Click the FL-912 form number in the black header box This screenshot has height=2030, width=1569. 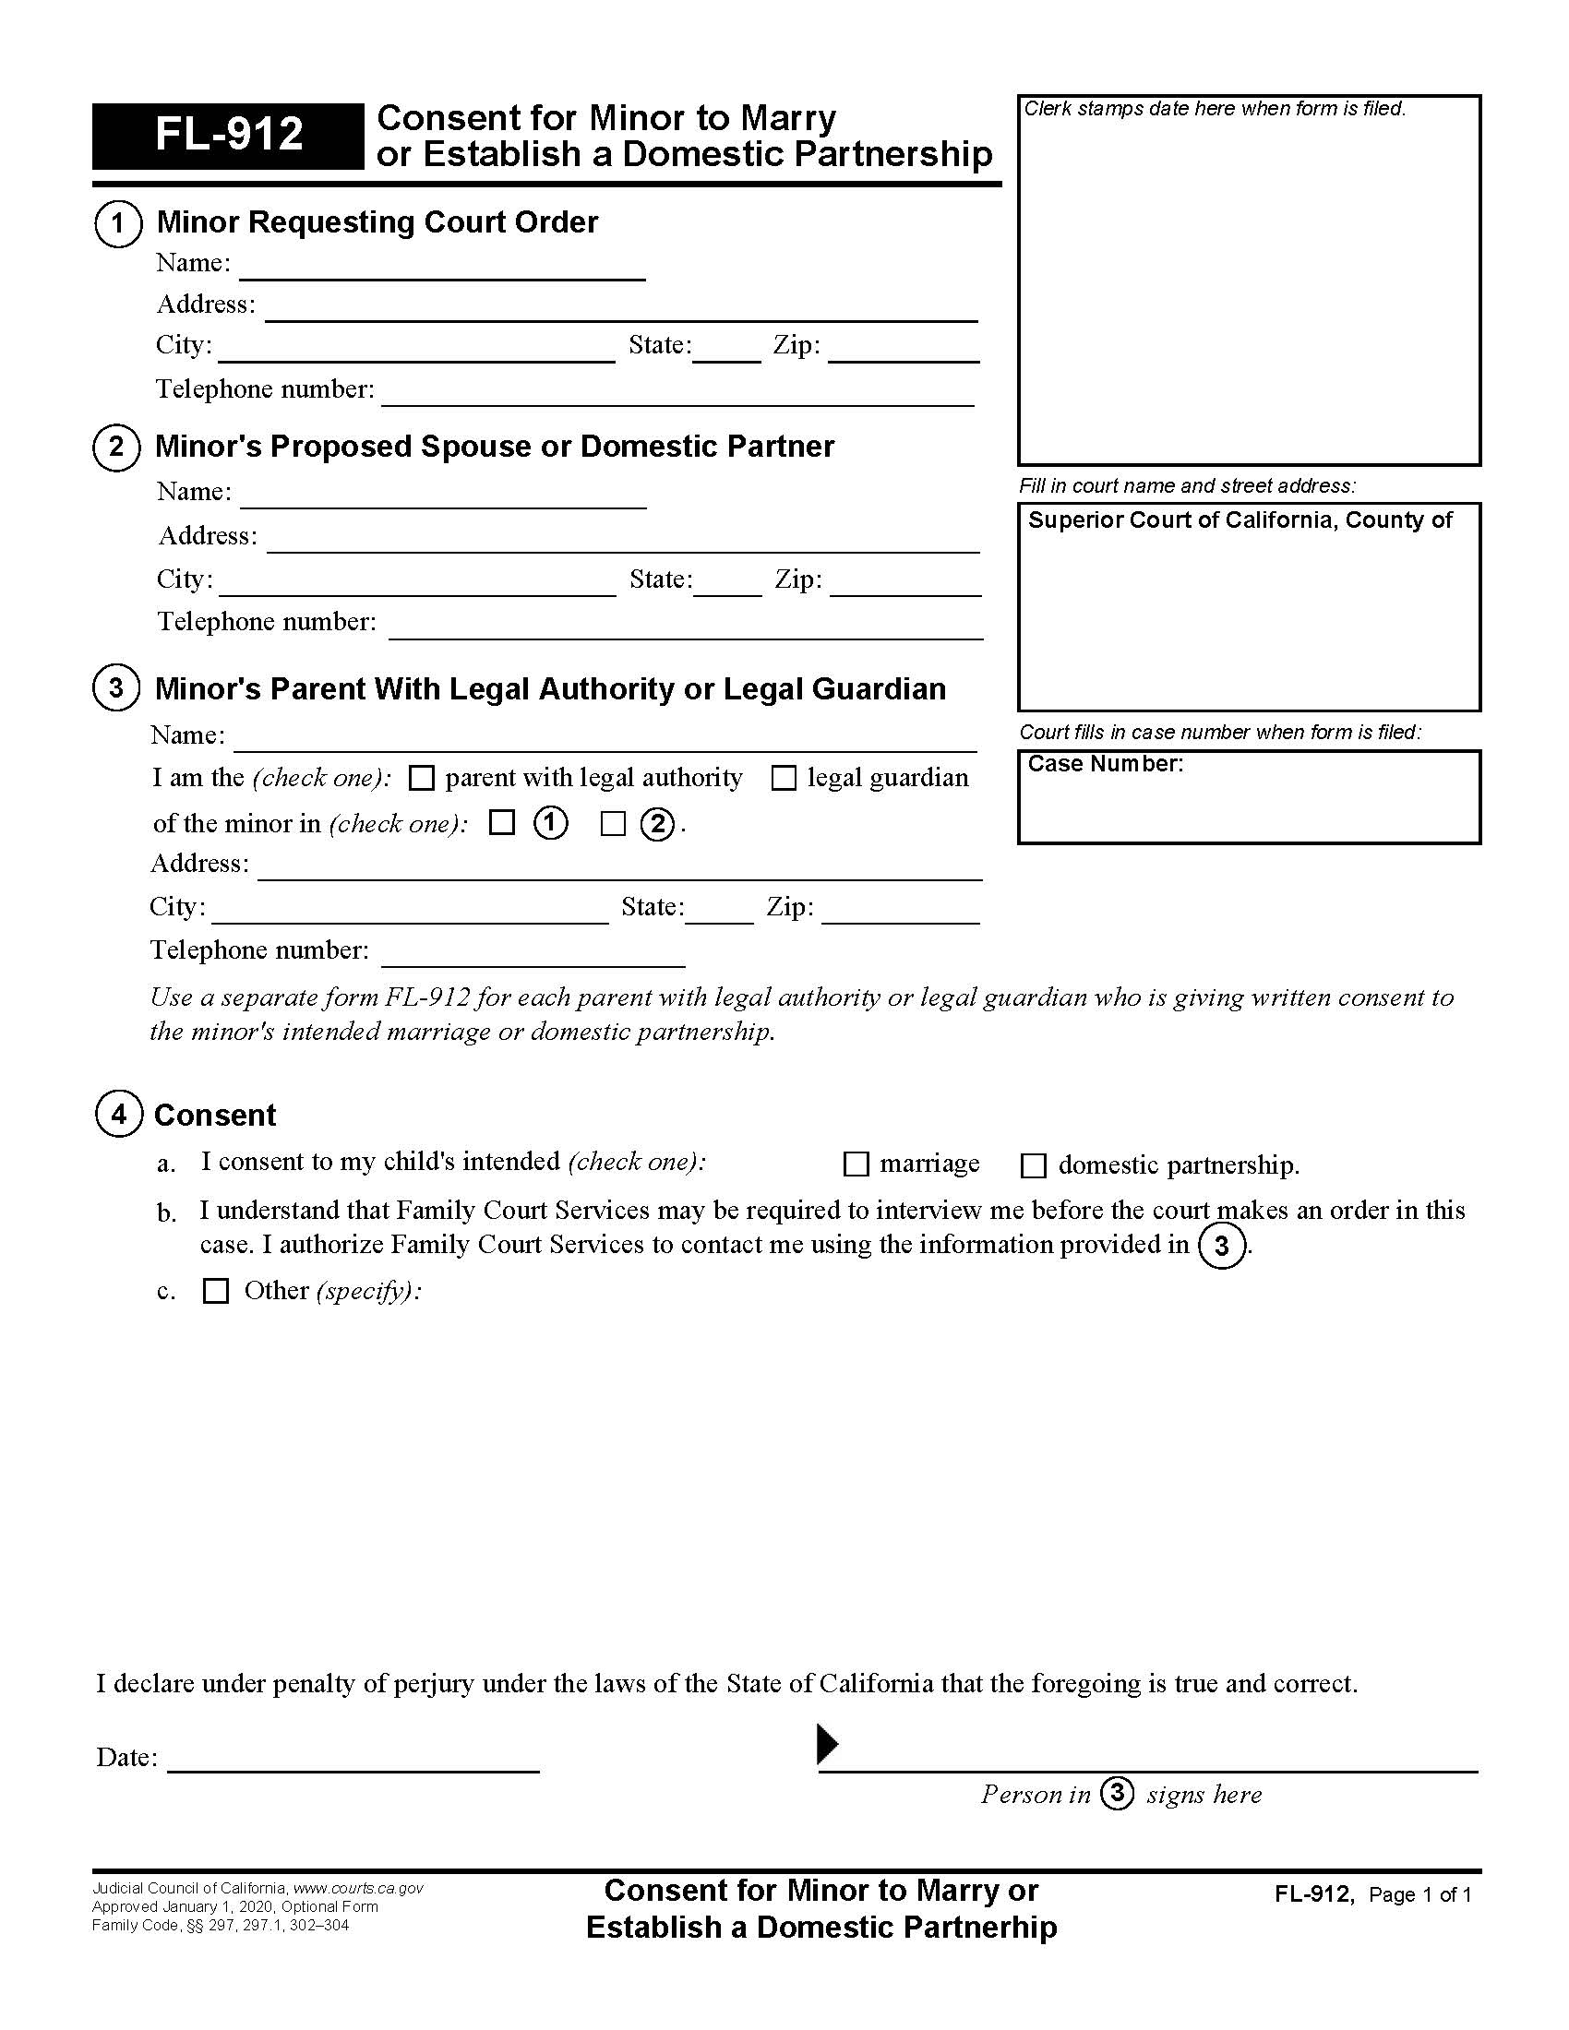pos(229,135)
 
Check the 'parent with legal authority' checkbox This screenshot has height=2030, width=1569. pos(422,778)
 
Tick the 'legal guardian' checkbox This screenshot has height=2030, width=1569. pos(784,778)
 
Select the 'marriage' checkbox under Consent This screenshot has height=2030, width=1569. pos(856,1164)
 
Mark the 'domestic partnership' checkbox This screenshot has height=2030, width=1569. pos(1034,1165)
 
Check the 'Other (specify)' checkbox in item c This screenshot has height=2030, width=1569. pos(216,1291)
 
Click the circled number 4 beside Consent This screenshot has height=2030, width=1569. pos(119,1114)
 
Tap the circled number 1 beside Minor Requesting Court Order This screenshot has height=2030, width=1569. pos(117,223)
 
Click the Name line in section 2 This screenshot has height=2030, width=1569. pos(442,496)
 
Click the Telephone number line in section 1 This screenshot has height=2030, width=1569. pos(677,394)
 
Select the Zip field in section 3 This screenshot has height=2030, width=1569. pos(900,911)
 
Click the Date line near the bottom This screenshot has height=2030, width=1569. pos(353,1760)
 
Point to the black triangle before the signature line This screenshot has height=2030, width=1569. pos(826,1744)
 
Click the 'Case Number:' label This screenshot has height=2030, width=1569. pos(1105,764)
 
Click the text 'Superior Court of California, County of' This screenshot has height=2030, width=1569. pos(1239,520)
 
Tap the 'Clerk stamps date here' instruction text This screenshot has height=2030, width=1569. pos(1214,109)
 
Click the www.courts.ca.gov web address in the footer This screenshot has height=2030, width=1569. pos(358,1888)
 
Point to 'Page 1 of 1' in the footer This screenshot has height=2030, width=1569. pos(1420,1894)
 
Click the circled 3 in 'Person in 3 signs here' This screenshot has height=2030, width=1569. pos(1117,1793)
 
